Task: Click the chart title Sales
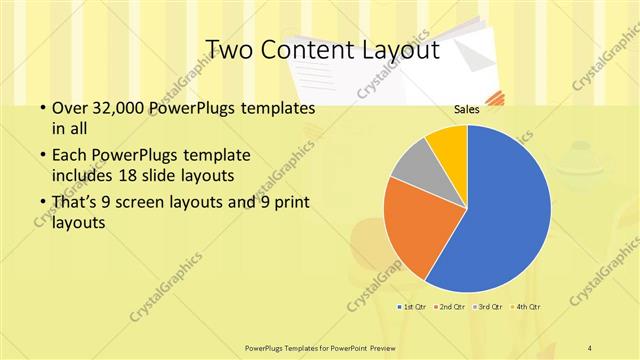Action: tap(466, 109)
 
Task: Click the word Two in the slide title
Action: tap(230, 50)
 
